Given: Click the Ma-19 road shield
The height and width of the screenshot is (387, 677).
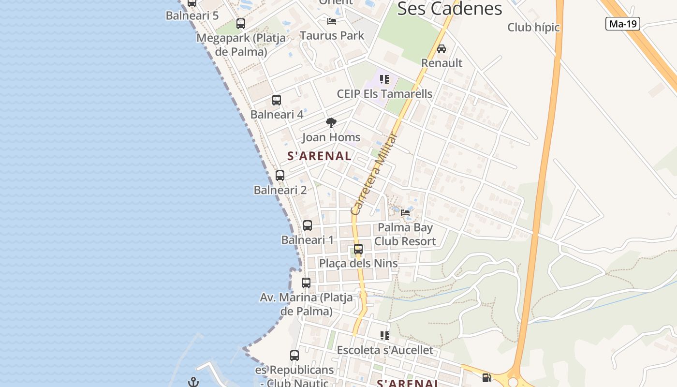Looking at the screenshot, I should [622, 24].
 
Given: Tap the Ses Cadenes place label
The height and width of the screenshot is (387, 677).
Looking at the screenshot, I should [449, 9].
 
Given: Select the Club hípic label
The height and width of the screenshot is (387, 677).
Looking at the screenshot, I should [533, 28].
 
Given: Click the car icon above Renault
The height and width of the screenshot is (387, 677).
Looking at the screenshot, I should [441, 49].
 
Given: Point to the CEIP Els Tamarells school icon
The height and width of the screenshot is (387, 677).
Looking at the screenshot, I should [384, 79].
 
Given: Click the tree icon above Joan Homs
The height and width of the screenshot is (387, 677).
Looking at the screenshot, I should [331, 123].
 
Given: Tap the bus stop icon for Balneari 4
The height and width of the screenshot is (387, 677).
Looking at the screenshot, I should [276, 100].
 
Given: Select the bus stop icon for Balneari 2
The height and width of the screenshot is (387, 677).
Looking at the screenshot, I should [280, 176].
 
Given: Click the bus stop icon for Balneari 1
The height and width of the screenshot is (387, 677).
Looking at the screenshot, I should [307, 225].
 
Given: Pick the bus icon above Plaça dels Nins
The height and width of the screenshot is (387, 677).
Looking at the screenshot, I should [358, 249].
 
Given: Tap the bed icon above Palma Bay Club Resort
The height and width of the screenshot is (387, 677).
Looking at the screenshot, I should [405, 212].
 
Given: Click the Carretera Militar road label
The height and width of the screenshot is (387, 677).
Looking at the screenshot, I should [373, 174].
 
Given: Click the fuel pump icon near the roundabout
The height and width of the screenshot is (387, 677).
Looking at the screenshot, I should [486, 378].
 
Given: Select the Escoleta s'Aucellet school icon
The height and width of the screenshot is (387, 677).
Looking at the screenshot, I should [384, 335].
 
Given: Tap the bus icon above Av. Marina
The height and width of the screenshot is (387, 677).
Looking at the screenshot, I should [306, 283].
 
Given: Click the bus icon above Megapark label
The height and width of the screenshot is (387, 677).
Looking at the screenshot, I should [240, 23].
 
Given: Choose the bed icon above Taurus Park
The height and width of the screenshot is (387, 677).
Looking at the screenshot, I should [331, 21].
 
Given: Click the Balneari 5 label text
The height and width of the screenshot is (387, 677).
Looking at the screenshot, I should [192, 15].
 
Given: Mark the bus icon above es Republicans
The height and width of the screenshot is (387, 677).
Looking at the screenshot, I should [294, 356].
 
